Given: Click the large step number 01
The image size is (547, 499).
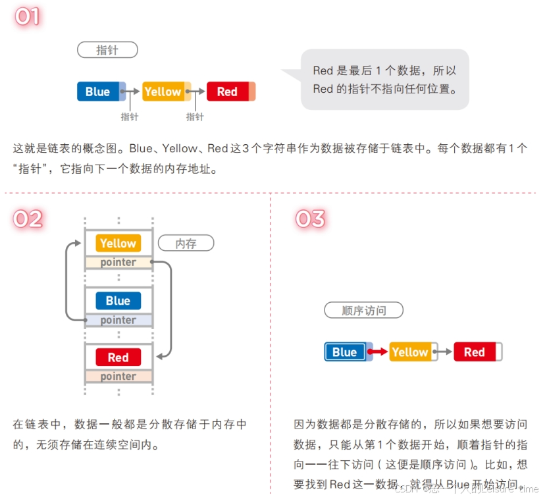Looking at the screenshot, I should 28,16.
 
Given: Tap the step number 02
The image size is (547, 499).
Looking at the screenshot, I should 28,219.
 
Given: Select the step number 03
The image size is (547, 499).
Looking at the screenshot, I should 310,219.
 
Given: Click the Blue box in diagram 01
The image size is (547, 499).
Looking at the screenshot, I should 98,92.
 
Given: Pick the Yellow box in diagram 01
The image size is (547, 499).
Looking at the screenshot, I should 163,92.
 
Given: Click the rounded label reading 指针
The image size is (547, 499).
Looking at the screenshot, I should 107,50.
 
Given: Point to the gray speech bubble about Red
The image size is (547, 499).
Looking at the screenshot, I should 385,80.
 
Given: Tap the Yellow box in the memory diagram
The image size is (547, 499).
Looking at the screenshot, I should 118,243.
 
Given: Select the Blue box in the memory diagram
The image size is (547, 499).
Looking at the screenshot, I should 118,300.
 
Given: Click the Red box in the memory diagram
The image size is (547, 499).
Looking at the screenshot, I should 118,357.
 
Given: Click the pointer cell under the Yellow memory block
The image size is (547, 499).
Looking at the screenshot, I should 118,263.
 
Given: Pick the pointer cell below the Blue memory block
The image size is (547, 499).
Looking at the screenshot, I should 118,320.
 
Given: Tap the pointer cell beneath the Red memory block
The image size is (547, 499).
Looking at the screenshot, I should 118,377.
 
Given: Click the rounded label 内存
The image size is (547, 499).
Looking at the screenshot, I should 186,244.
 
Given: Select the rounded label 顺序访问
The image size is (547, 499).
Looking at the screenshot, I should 363,311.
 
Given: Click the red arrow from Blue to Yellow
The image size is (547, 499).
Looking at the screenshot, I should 379,352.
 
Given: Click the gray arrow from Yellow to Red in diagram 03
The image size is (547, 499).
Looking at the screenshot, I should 444,352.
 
